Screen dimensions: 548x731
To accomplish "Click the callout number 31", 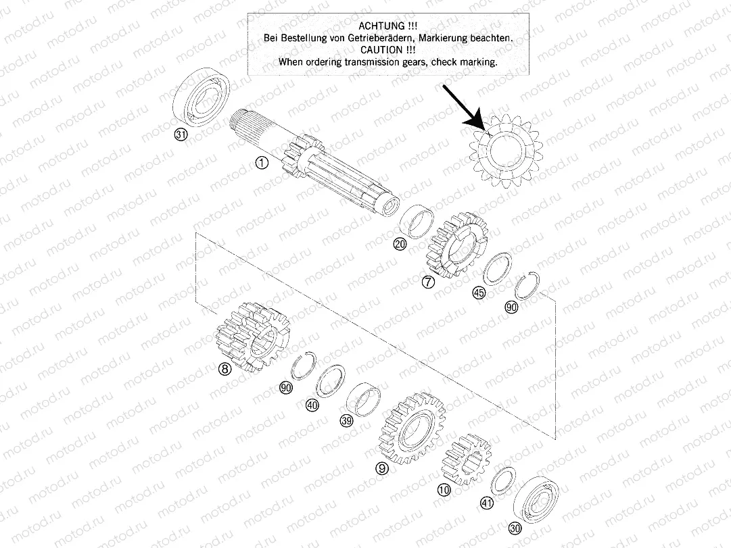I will pyautogui.click(x=180, y=135).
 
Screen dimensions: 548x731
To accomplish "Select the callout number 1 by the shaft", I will pyautogui.click(x=262, y=163).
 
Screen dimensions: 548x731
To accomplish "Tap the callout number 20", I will pyautogui.click(x=400, y=245).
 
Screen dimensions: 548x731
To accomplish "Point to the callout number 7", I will pyautogui.click(x=427, y=283).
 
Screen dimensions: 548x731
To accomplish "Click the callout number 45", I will pyautogui.click(x=479, y=293).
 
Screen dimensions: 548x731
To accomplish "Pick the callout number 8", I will pyautogui.click(x=225, y=369).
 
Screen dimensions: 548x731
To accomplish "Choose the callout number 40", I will pyautogui.click(x=312, y=405).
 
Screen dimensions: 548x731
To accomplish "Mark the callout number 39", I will pyautogui.click(x=346, y=420).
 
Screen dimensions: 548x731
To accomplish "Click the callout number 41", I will pyautogui.click(x=487, y=502).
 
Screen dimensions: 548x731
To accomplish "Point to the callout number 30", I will pyautogui.click(x=515, y=529).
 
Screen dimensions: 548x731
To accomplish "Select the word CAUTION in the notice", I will pyautogui.click(x=387, y=49).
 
